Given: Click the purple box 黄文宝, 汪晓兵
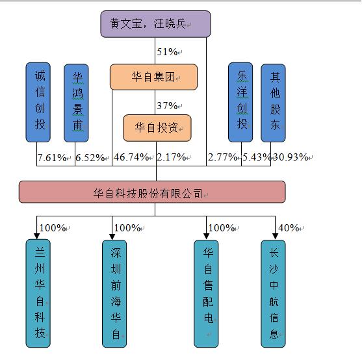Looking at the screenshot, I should click(x=155, y=24).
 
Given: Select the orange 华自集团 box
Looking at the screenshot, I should click(x=153, y=77).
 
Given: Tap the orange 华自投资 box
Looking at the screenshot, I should click(x=157, y=128).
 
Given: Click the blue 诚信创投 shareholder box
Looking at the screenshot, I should click(x=40, y=102).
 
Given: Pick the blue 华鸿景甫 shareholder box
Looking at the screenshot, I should click(x=76, y=102).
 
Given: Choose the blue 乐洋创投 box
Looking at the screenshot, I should click(x=240, y=102).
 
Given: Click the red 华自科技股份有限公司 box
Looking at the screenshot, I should click(x=151, y=192).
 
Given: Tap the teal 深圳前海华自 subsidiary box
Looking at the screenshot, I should click(x=116, y=292).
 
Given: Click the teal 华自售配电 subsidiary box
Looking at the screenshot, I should click(x=207, y=292).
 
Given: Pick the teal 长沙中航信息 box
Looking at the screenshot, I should click(x=274, y=292).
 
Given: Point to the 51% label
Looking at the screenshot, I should click(x=167, y=51).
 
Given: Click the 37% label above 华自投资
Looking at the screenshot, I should click(x=167, y=105).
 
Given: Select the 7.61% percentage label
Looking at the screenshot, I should click(x=52, y=157).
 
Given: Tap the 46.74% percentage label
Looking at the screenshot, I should click(x=131, y=157).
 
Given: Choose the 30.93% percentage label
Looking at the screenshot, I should click(x=291, y=157).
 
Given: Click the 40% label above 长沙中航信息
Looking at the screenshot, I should click(x=289, y=227).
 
